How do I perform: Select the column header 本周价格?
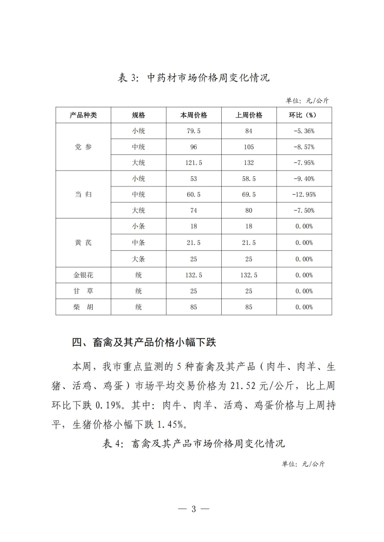[193, 115]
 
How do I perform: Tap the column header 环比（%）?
[303, 115]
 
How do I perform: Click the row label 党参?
[83, 147]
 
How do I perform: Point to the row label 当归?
[83, 195]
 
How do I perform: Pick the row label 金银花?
[83, 275]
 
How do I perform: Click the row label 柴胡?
[83, 307]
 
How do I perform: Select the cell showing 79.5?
[193, 131]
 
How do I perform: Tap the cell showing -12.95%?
[303, 195]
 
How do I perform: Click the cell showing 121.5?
[193, 163]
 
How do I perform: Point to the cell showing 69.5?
[249, 195]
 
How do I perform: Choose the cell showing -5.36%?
[303, 131]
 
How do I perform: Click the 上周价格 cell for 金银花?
[249, 275]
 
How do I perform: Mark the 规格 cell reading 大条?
[138, 259]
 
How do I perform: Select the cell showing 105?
[249, 147]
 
